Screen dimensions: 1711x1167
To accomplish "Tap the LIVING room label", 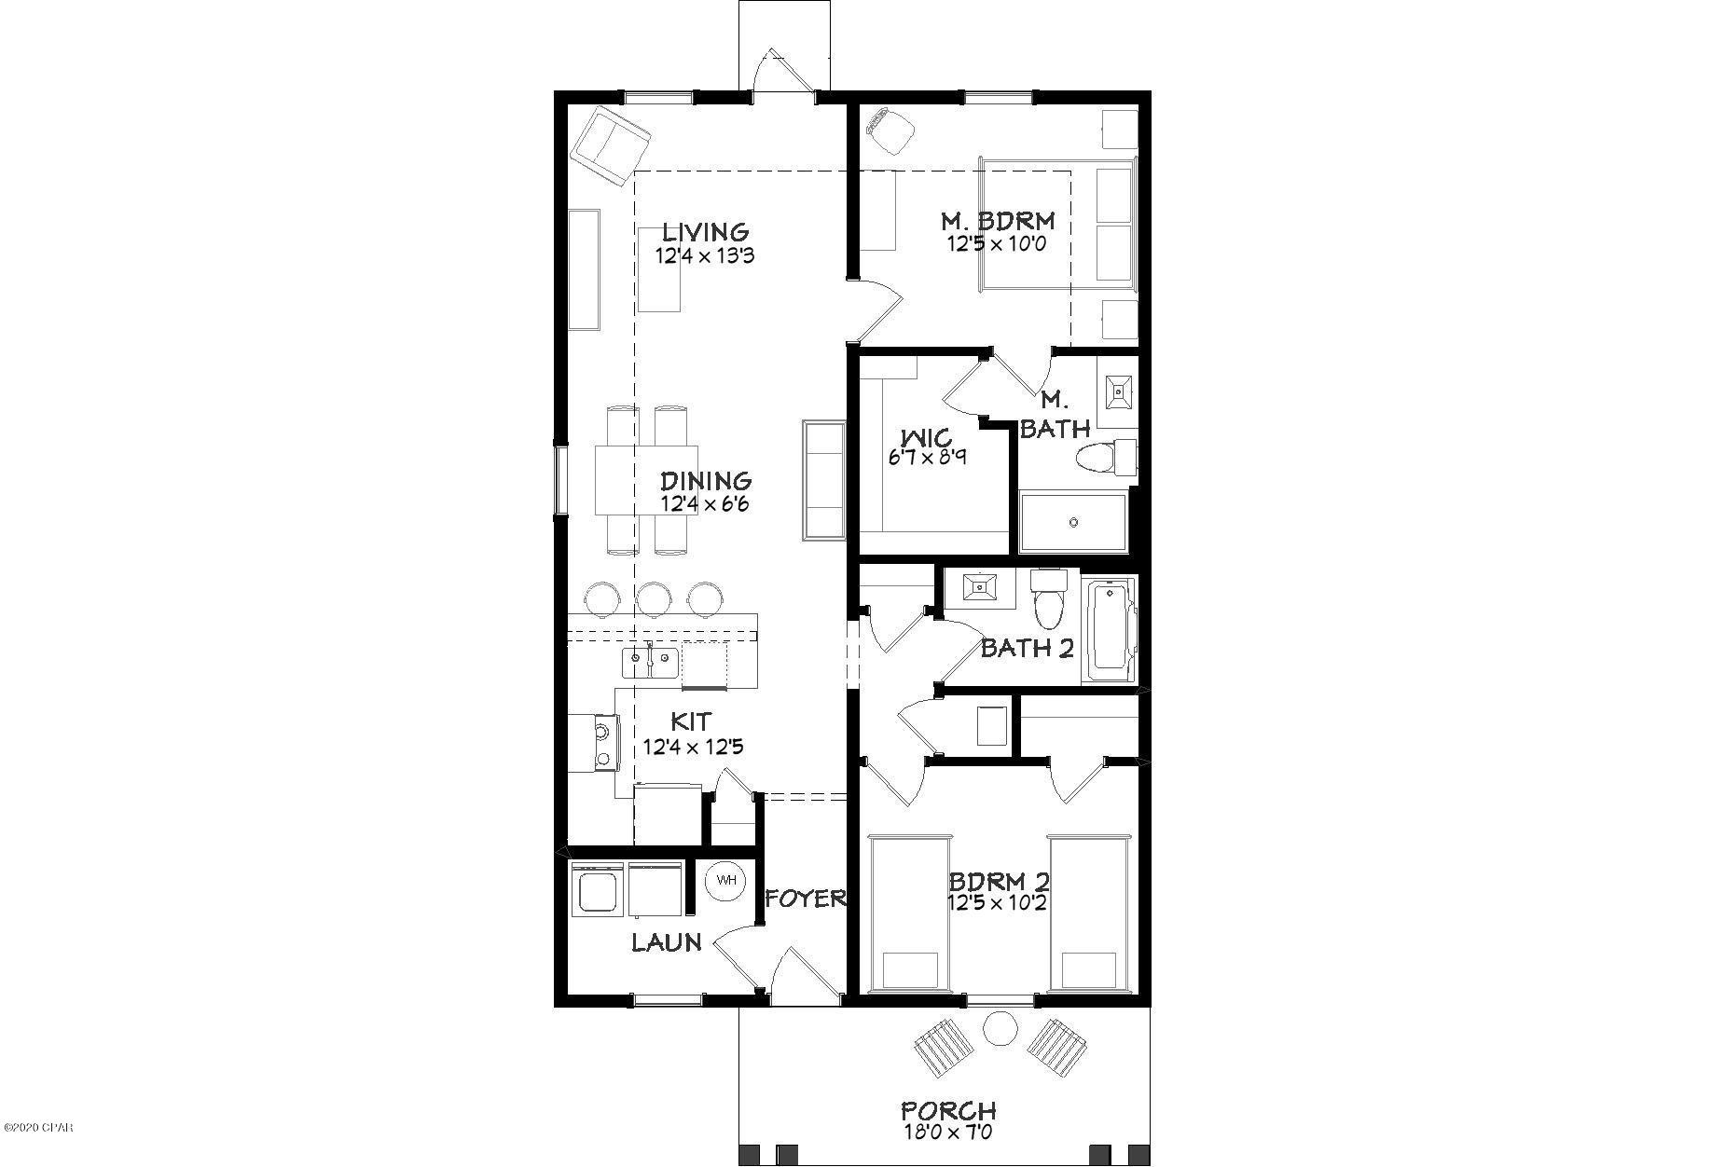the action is click(x=706, y=231).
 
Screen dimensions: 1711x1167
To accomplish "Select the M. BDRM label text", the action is click(x=998, y=221).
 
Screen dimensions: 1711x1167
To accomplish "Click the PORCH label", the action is click(x=948, y=1111).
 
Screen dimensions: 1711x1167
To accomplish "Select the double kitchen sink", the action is click(x=650, y=664).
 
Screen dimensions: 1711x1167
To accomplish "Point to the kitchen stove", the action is click(x=593, y=742).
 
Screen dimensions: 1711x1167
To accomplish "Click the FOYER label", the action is click(x=806, y=899).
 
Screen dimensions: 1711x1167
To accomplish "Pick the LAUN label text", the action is click(x=667, y=942).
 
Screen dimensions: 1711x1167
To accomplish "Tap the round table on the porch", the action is click(x=1000, y=1030).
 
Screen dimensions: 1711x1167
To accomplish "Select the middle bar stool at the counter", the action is click(x=655, y=599).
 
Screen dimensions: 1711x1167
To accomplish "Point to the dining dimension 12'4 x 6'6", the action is click(x=706, y=504).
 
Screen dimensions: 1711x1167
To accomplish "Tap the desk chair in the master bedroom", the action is click(x=888, y=129).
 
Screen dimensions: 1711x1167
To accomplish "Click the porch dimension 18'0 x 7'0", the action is click(x=947, y=1133).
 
